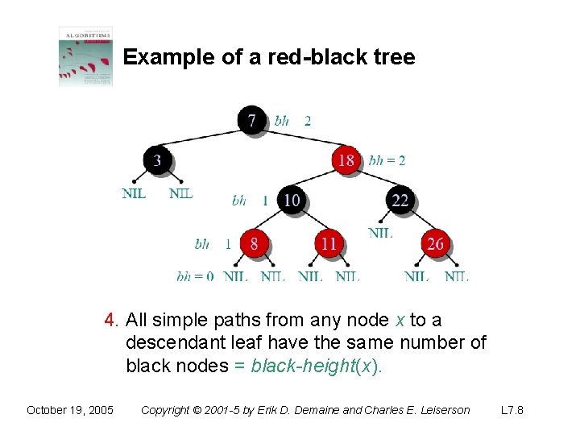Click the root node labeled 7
coord(252,121)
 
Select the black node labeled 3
coord(157,160)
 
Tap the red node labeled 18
coord(346,160)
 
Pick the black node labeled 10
coord(292,200)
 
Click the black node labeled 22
coord(400,200)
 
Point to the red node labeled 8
coord(254,242)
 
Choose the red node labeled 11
coord(329,242)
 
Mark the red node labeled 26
coord(435,242)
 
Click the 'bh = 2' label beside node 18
coord(387,160)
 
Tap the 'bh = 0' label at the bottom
coord(195,276)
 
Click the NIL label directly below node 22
coord(380,234)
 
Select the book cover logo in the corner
coord(85,56)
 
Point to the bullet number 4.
coord(111,321)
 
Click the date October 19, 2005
coord(69,410)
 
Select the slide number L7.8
coord(512,410)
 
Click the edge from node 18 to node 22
coord(374,180)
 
